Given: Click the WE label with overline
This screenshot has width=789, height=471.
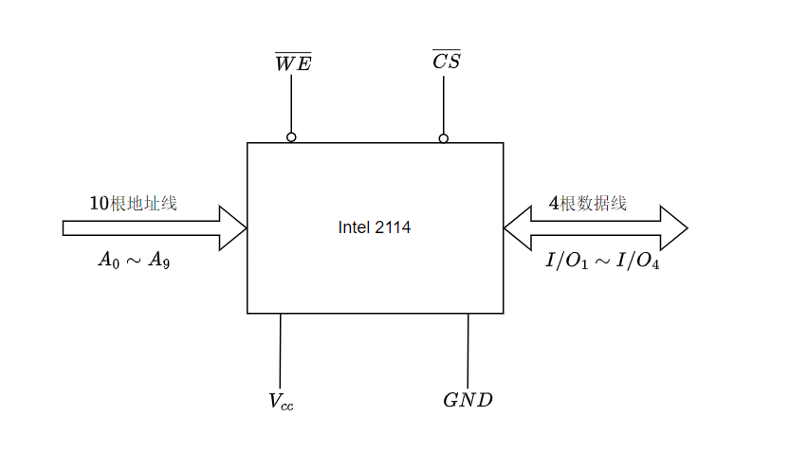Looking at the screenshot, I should click(x=292, y=63).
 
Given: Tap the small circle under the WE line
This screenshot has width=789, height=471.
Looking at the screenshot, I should click(x=291, y=137).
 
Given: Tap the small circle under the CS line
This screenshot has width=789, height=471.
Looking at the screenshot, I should click(x=443, y=138).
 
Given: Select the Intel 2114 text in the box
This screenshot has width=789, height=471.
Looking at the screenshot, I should click(x=375, y=227).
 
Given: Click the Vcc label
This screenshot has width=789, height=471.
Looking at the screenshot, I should click(x=281, y=401).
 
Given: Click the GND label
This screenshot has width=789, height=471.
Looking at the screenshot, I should click(x=468, y=400).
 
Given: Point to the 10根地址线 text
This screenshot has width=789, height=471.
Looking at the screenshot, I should click(x=133, y=203).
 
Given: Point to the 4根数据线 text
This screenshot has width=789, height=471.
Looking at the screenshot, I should click(x=587, y=203).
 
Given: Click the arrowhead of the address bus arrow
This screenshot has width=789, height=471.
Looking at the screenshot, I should click(x=233, y=227).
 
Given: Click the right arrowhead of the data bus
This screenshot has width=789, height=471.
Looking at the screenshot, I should click(x=672, y=227).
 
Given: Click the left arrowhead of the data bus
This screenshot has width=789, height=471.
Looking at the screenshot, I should click(x=518, y=227).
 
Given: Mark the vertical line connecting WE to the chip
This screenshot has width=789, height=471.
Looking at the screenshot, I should click(x=291, y=104).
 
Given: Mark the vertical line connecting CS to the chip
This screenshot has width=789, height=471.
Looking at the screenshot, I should click(x=443, y=104).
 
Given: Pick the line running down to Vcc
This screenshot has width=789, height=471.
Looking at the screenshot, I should click(x=280, y=351).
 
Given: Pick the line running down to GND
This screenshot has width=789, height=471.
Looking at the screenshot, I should click(x=468, y=351).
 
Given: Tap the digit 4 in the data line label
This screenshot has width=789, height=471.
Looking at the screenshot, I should click(x=554, y=203).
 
